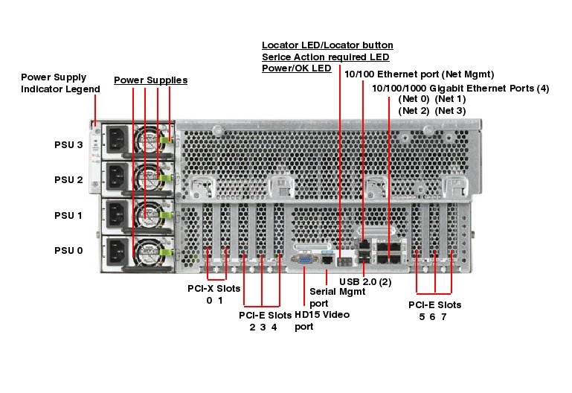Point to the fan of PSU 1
tap(147, 214)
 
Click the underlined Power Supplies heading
tap(150, 80)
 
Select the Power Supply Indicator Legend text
tap(60, 83)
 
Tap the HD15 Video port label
tap(321, 321)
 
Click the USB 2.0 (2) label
tap(364, 282)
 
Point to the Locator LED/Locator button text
tap(327, 45)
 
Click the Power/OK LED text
tap(296, 68)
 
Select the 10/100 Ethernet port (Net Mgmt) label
tap(420, 74)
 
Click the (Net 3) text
tap(451, 111)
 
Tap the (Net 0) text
tap(414, 99)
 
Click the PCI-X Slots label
tap(214, 287)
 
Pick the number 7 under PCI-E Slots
tap(444, 316)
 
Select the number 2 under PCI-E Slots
tap(252, 327)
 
